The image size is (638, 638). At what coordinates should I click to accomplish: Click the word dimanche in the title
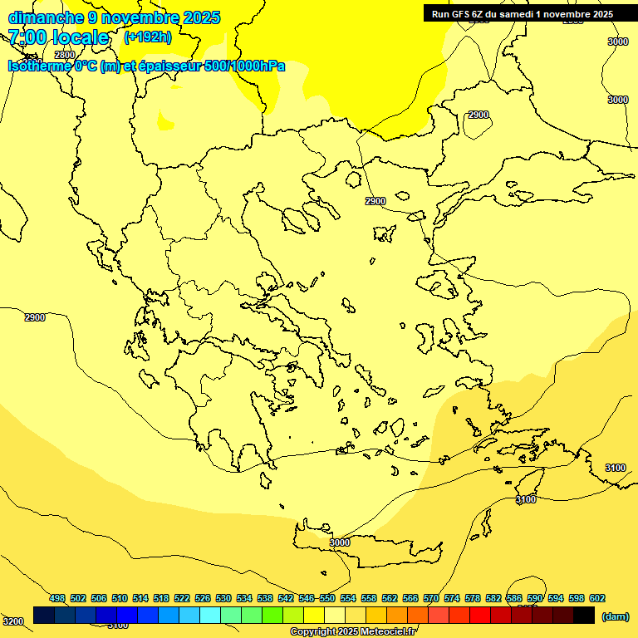click(45, 17)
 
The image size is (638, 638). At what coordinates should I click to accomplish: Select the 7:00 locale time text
click(58, 37)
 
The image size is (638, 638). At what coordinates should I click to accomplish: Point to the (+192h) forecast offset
click(148, 37)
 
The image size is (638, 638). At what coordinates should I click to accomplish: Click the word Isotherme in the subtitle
click(40, 66)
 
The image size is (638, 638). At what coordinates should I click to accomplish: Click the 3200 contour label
click(12, 621)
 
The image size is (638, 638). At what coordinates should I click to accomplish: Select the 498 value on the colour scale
click(57, 599)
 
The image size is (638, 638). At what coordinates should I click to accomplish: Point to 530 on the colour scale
click(223, 599)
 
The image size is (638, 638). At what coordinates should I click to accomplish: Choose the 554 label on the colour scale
click(348, 599)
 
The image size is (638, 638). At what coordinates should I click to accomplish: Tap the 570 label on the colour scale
click(431, 599)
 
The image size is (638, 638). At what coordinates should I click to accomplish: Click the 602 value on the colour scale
click(597, 599)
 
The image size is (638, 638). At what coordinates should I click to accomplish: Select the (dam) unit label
click(615, 616)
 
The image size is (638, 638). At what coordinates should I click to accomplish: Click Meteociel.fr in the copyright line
click(394, 632)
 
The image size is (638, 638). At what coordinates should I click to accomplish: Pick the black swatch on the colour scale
click(584, 615)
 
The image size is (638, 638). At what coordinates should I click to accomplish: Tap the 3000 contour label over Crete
click(340, 542)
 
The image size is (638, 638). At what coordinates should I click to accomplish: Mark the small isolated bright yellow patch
click(166, 125)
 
